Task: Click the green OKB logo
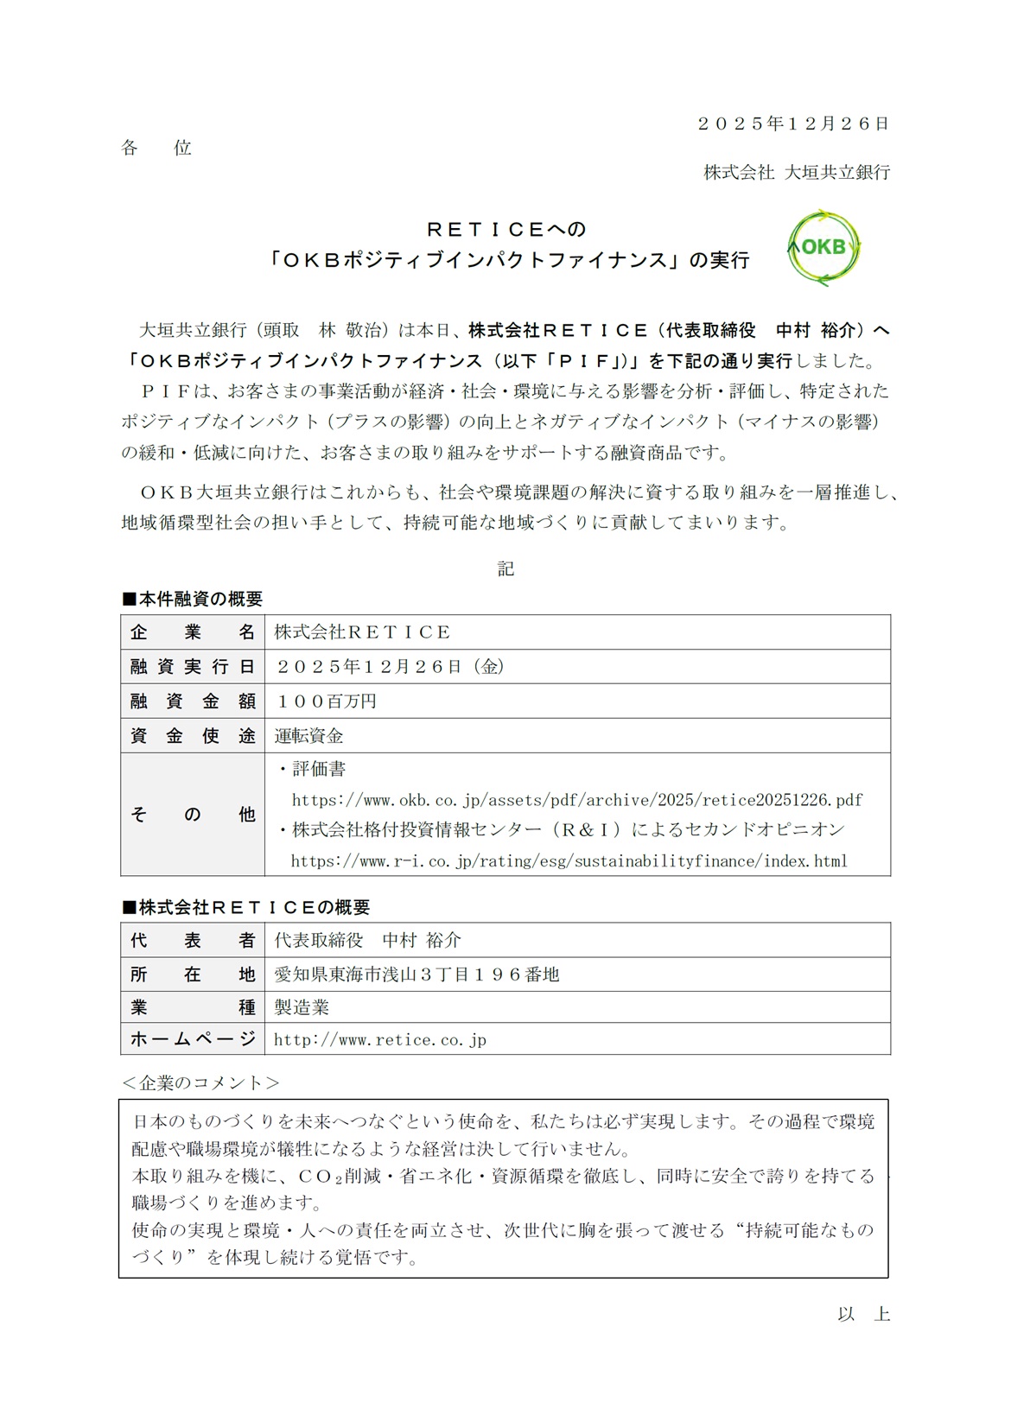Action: [x=823, y=247]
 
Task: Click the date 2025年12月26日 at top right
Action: [x=793, y=124]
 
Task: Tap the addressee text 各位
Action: [x=156, y=148]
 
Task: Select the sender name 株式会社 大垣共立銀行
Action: [x=796, y=172]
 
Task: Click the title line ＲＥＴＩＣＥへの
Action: [x=507, y=229]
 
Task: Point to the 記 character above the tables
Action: [x=505, y=568]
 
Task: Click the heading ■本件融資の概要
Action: [x=193, y=599]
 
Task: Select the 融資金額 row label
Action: [x=193, y=701]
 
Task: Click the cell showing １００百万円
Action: [x=326, y=701]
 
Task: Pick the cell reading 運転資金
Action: [x=309, y=736]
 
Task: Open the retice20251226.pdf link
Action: [x=577, y=800]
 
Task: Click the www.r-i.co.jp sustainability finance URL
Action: [x=569, y=861]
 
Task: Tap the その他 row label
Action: [x=193, y=814]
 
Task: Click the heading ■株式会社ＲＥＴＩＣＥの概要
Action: [x=246, y=907]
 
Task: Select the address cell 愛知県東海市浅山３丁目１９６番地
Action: [x=417, y=974]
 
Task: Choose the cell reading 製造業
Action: [x=302, y=1007]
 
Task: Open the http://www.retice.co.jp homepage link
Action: [x=380, y=1040]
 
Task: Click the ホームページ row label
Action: [x=193, y=1039]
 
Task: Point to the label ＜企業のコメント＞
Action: [x=200, y=1082]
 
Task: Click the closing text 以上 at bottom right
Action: [x=863, y=1314]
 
